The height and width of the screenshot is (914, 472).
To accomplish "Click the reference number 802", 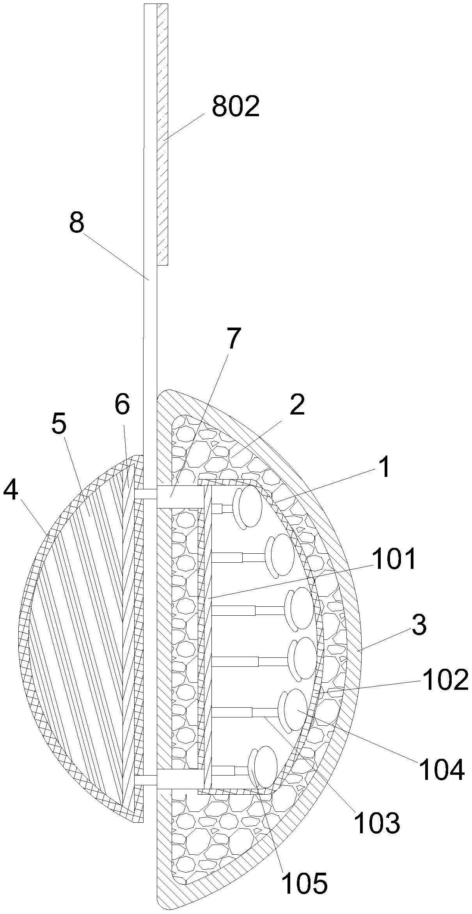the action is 236,107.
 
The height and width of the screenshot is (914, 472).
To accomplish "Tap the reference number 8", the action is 76,224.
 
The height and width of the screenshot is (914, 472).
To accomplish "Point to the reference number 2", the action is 297,406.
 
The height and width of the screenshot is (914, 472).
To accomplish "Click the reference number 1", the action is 384,467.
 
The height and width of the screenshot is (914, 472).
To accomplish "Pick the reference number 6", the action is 122,405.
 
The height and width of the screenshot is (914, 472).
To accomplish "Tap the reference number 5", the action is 59,425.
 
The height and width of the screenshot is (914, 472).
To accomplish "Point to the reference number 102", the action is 445,680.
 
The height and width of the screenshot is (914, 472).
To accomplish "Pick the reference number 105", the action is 305,871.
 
